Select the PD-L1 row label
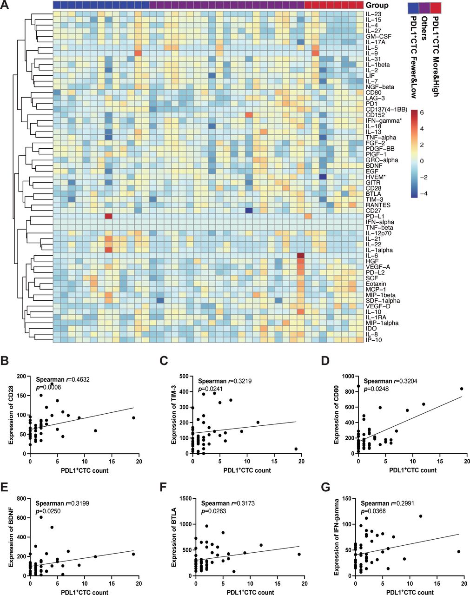point(373,216)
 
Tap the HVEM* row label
point(375,177)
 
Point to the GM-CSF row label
point(377,36)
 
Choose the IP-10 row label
point(373,340)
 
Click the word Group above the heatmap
point(377,6)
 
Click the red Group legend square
point(436,8)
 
